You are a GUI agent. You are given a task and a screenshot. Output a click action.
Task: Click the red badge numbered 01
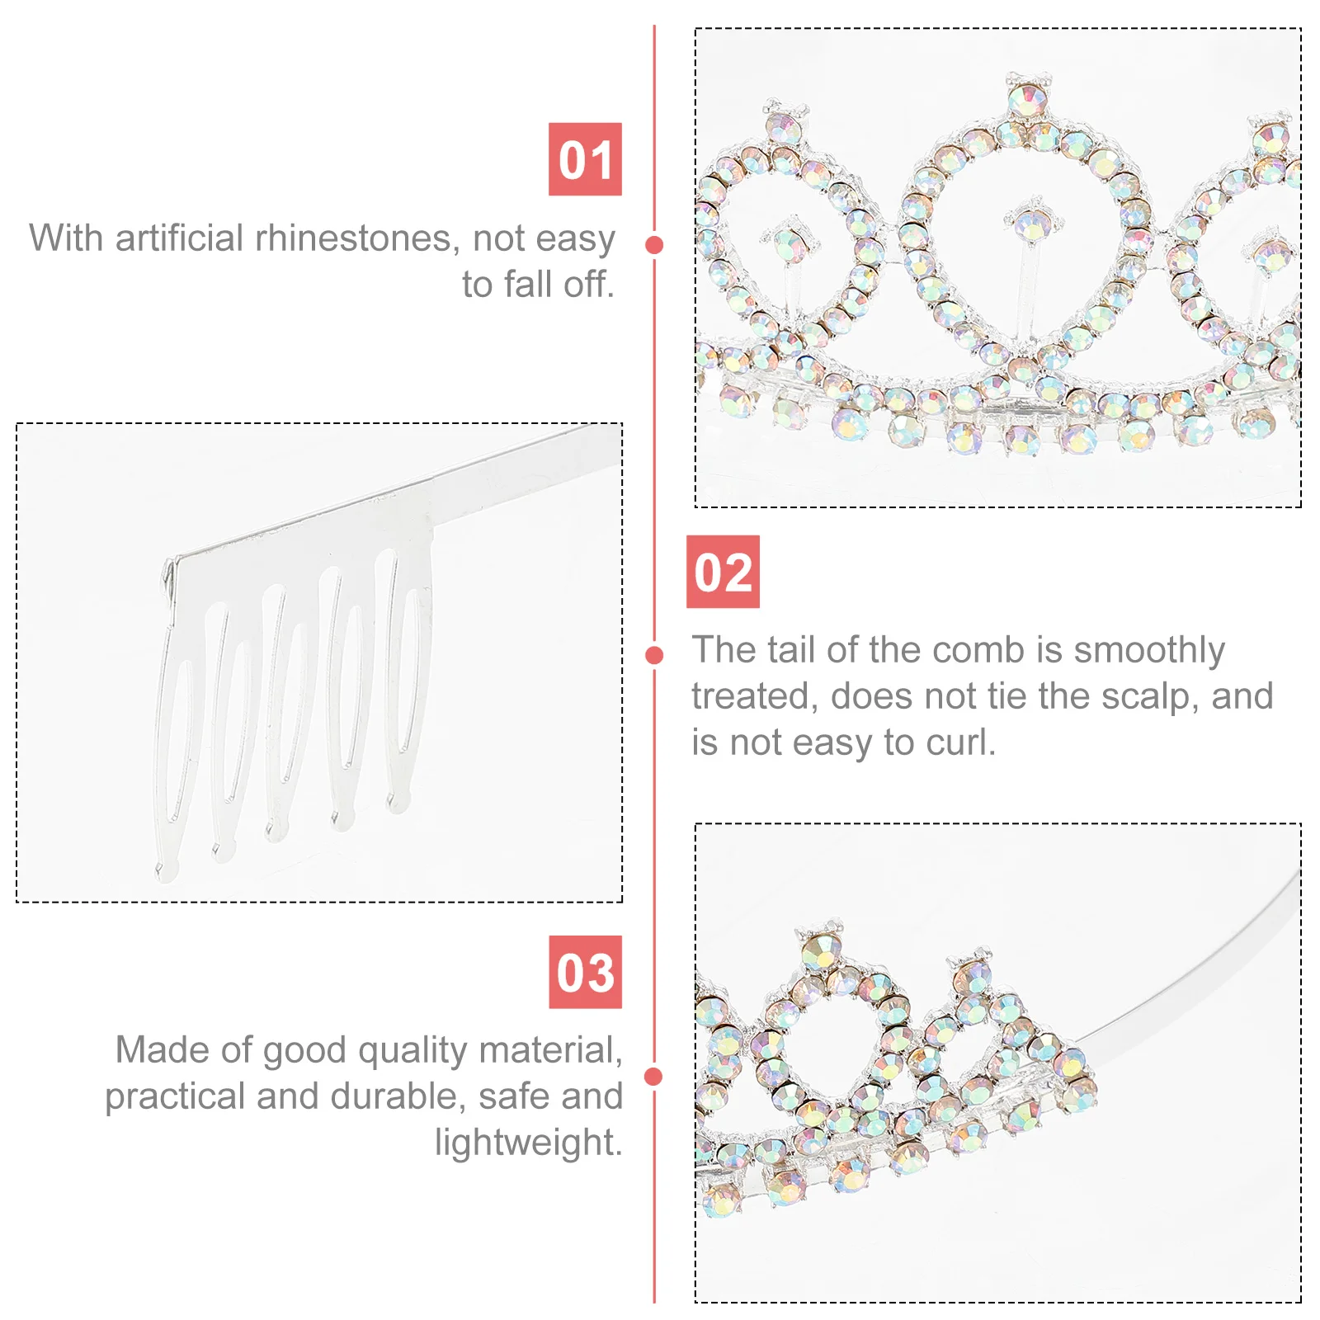point(585,159)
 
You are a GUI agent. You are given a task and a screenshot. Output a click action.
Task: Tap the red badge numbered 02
point(723,572)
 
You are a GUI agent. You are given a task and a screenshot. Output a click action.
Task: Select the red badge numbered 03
point(585,972)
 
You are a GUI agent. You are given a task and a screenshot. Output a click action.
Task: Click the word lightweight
point(527,1143)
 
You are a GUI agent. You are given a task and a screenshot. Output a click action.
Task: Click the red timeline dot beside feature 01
point(654,245)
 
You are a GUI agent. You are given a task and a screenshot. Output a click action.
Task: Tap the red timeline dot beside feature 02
point(654,655)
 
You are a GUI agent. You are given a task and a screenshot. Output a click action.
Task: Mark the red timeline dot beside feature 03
point(654,1077)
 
